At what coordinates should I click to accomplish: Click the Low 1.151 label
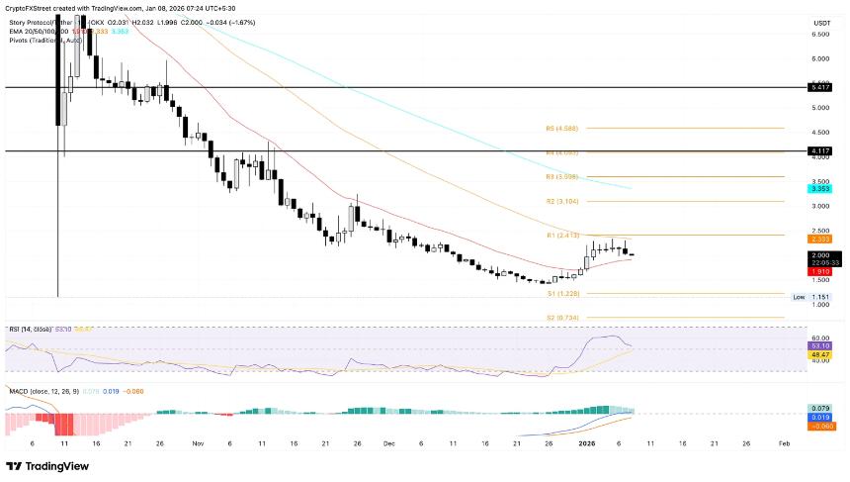tap(809, 297)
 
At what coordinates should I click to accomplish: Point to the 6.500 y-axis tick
tap(819, 34)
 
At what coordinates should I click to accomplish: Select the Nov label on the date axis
tap(197, 444)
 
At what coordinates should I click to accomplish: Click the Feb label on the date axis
tap(784, 444)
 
